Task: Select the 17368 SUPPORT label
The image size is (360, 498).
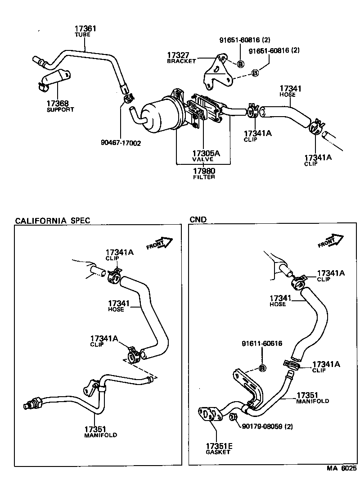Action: coord(59,106)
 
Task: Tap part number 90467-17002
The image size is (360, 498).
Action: coord(121,143)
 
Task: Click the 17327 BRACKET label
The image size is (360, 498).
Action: coord(181,57)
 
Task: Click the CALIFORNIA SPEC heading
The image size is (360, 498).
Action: coord(53,220)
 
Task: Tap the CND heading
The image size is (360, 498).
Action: coord(198,220)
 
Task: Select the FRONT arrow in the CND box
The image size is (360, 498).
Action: coord(330,241)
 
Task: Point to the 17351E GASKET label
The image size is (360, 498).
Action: coord(218,448)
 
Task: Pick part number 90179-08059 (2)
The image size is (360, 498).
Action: coord(267,426)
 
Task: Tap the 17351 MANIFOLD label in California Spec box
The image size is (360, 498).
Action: coord(100,432)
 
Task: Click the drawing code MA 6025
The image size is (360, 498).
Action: coord(341,468)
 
